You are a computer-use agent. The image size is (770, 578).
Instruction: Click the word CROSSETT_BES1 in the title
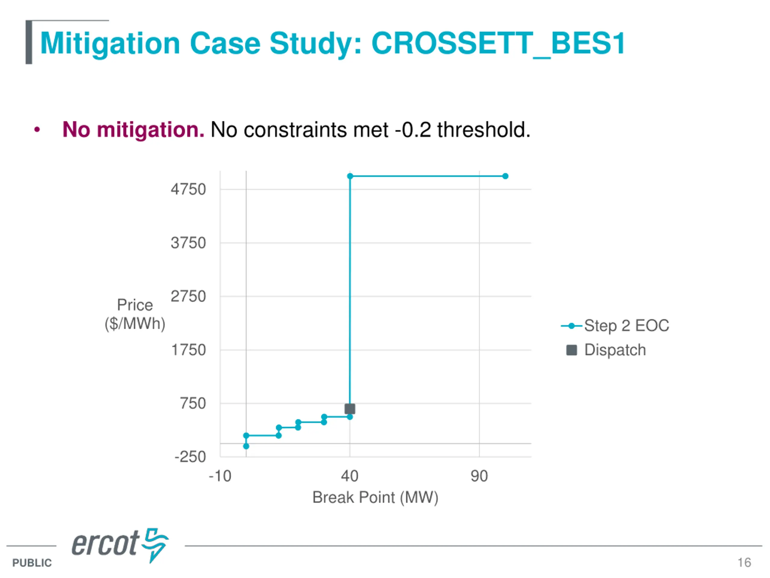click(x=498, y=44)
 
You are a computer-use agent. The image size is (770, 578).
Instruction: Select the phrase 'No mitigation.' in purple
click(x=133, y=130)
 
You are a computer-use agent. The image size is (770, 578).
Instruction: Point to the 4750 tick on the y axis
click(x=188, y=190)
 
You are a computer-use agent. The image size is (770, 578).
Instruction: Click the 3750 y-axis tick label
click(x=188, y=243)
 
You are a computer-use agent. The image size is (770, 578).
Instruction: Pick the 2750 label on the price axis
click(x=188, y=297)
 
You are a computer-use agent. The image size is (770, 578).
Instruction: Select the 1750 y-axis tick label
click(x=188, y=350)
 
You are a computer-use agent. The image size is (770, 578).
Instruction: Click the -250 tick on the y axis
click(x=190, y=457)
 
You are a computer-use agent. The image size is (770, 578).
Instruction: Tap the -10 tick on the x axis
click(x=220, y=476)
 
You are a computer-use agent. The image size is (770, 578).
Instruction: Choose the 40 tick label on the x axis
click(x=350, y=476)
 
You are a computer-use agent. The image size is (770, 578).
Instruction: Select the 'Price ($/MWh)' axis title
click(x=135, y=314)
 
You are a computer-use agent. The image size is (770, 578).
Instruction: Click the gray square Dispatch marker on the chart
click(x=350, y=409)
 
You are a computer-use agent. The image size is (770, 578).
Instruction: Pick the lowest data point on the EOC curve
click(x=246, y=446)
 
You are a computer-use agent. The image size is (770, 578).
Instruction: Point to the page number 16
click(x=744, y=562)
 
